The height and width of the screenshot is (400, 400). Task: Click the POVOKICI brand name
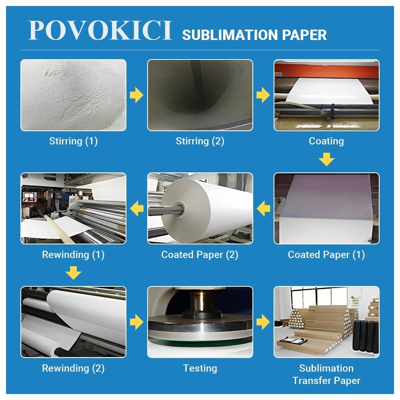coord(100,30)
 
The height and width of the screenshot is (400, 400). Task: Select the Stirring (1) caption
coord(73,141)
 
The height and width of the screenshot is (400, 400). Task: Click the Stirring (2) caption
coord(200,141)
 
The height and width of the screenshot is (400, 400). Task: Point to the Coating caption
coord(326,141)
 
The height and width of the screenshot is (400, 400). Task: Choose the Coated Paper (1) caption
coord(326,255)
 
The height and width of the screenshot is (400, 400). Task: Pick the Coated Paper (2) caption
coord(200,255)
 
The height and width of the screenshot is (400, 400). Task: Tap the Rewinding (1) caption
coord(73,255)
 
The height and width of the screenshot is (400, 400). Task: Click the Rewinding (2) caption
coord(73,368)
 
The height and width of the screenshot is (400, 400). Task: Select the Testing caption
coord(200,368)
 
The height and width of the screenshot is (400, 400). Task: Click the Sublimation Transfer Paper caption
coord(326,374)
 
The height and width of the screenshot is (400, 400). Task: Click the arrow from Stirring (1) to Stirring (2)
coord(137,95)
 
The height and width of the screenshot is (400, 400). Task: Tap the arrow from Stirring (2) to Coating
coord(263,95)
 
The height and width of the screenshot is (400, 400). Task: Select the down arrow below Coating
coord(326,160)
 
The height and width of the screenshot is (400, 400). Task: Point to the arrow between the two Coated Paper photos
coord(263,208)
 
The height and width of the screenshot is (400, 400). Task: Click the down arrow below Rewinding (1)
coord(73,273)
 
